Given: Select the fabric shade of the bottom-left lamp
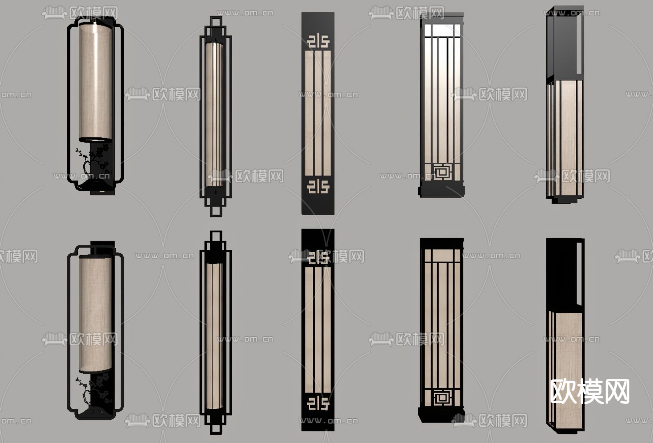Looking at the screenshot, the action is tap(95, 314).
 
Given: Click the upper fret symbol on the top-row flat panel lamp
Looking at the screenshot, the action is tap(318, 41).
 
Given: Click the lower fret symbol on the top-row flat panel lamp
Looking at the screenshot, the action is tap(318, 186).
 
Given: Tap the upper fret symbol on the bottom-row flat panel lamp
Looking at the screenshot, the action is tap(318, 257).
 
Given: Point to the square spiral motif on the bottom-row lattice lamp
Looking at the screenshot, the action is tap(442, 397).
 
